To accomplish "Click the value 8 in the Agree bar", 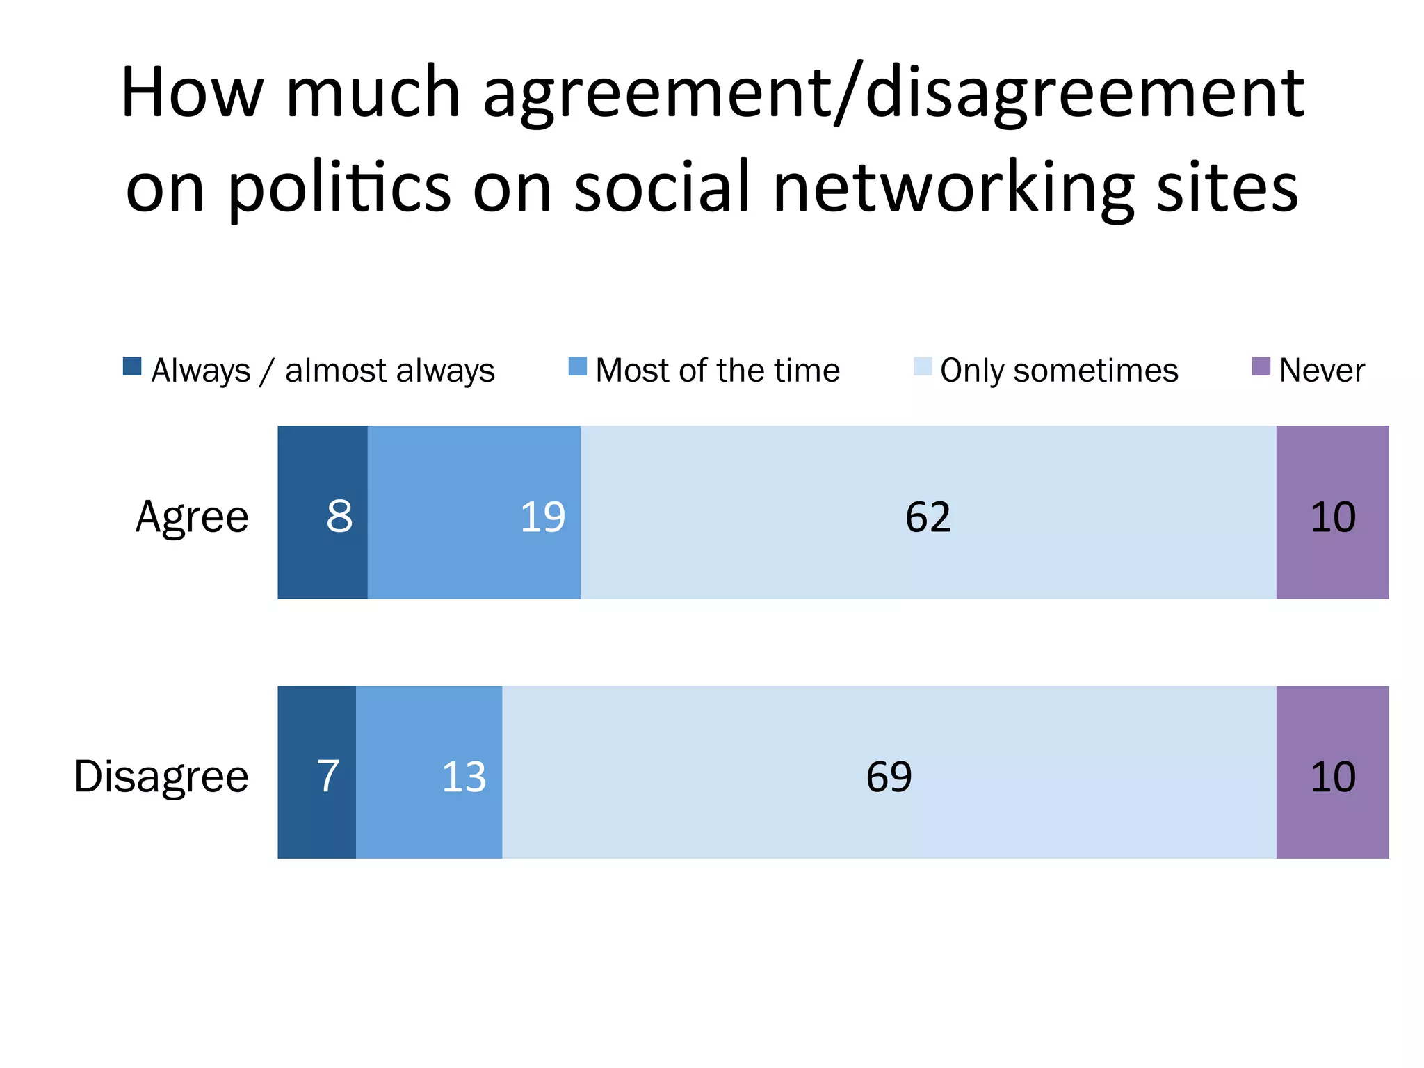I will pos(339,517).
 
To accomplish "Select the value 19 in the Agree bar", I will pos(542,517).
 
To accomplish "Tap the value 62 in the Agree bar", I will pos(928,517).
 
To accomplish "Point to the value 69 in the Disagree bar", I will pos(889,776).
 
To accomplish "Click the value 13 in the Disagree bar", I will pos(464,776).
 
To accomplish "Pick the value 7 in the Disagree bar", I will pos(328,776).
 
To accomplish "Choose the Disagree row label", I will pos(161,777).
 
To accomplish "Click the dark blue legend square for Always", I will pos(132,366).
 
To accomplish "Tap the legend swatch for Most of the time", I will pos(577,366).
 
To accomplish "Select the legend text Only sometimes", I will pos(1059,371).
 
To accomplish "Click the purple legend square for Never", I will pos(1261,366).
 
